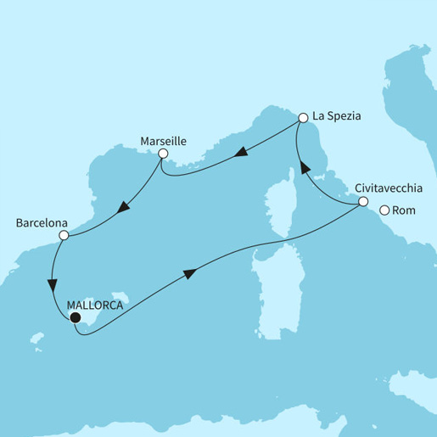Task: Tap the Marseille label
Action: point(164,139)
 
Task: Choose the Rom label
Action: point(406,210)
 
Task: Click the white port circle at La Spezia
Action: point(302,118)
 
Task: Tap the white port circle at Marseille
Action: point(164,154)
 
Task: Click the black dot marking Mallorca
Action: point(75,318)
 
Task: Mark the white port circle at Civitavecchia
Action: point(363,202)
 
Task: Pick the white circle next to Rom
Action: point(385,210)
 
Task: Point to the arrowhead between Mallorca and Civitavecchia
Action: point(188,272)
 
